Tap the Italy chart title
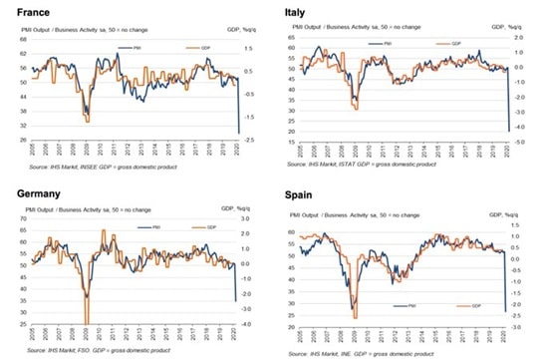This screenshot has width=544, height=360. point(296,13)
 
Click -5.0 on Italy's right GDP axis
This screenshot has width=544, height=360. point(520,143)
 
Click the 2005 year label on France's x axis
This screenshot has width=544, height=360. point(33,156)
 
